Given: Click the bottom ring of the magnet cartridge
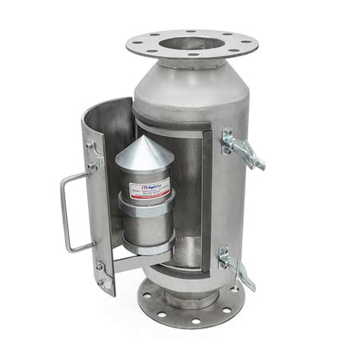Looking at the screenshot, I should point(150,247).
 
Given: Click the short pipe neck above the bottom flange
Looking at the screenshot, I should point(182,292).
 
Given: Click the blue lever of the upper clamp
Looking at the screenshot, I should point(251,156).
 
